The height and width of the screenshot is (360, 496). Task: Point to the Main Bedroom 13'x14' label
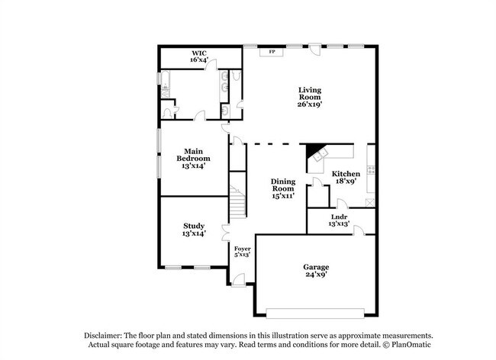193,158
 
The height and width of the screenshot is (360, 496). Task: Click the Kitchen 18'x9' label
346,178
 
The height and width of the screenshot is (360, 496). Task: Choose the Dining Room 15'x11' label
283,188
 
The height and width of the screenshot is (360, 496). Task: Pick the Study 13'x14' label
193,230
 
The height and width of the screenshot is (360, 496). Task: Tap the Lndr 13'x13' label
340,221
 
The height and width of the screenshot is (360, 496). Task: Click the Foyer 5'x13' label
242,251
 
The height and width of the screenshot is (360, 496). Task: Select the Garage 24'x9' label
315,271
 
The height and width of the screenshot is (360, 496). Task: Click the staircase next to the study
238,204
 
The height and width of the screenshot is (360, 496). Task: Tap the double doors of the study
225,232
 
